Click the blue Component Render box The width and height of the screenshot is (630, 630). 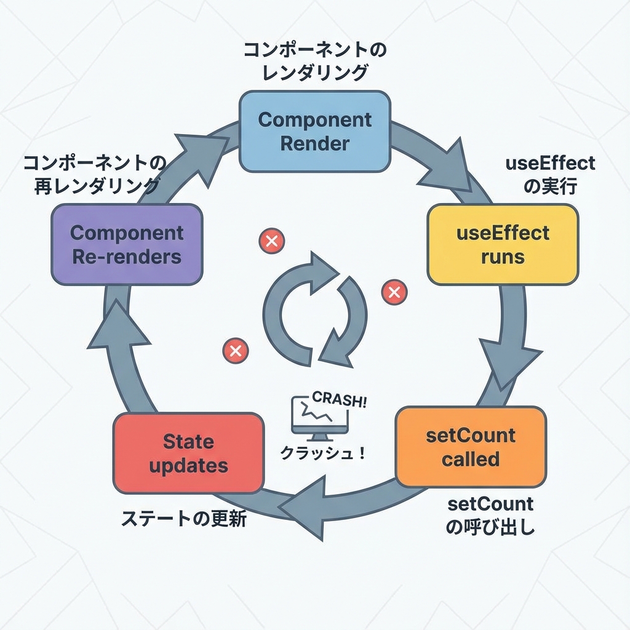[x=314, y=131]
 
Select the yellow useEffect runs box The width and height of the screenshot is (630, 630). [x=503, y=244]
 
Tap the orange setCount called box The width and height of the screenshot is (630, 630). [x=471, y=447]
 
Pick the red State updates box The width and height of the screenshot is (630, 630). [x=189, y=453]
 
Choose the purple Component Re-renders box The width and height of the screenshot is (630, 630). [x=127, y=244]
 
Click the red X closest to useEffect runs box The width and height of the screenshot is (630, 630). [x=394, y=292]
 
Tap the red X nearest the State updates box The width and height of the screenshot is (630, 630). [x=234, y=351]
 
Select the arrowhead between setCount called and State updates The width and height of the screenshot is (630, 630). [x=308, y=509]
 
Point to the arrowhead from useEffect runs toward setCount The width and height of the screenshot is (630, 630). [x=511, y=363]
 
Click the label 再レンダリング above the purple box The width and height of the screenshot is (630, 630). [x=97, y=185]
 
